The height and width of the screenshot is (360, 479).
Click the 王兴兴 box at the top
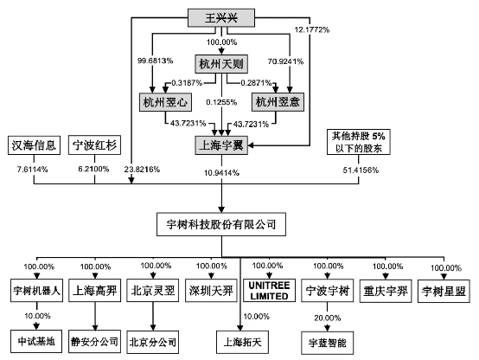(x=220, y=17)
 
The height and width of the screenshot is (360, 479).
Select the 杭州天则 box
(x=221, y=64)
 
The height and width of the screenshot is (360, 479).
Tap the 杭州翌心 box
(x=165, y=102)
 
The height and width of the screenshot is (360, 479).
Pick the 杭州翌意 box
(x=278, y=102)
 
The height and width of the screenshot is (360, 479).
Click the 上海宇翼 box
(x=221, y=145)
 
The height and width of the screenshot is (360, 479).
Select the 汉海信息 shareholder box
(x=34, y=145)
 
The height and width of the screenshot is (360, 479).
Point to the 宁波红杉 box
(x=95, y=145)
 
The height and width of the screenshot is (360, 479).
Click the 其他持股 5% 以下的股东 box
(x=359, y=142)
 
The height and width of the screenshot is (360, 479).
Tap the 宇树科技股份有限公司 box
(x=221, y=224)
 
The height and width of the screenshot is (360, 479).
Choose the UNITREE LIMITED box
(x=269, y=291)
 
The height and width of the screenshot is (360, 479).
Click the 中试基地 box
(x=36, y=341)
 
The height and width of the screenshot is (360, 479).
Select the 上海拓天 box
(x=243, y=342)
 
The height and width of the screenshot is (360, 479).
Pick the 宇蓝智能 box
(x=327, y=343)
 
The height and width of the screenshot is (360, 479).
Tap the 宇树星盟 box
(x=444, y=291)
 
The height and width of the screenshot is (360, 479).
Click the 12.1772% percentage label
(x=311, y=29)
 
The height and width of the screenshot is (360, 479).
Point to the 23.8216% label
(x=142, y=169)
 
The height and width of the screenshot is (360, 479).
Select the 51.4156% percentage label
(x=361, y=170)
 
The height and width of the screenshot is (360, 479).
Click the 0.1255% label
(x=221, y=102)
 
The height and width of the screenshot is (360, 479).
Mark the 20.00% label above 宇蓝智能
(x=327, y=318)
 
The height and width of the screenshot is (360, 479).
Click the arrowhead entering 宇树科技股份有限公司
(x=221, y=209)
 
